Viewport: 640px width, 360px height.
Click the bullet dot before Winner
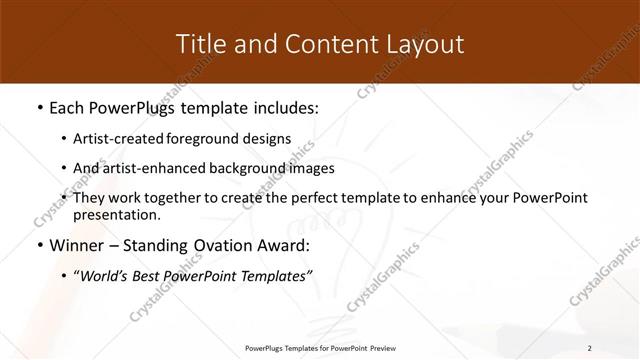pyautogui.click(x=37, y=246)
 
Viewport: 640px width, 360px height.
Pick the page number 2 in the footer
pyautogui.click(x=590, y=348)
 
